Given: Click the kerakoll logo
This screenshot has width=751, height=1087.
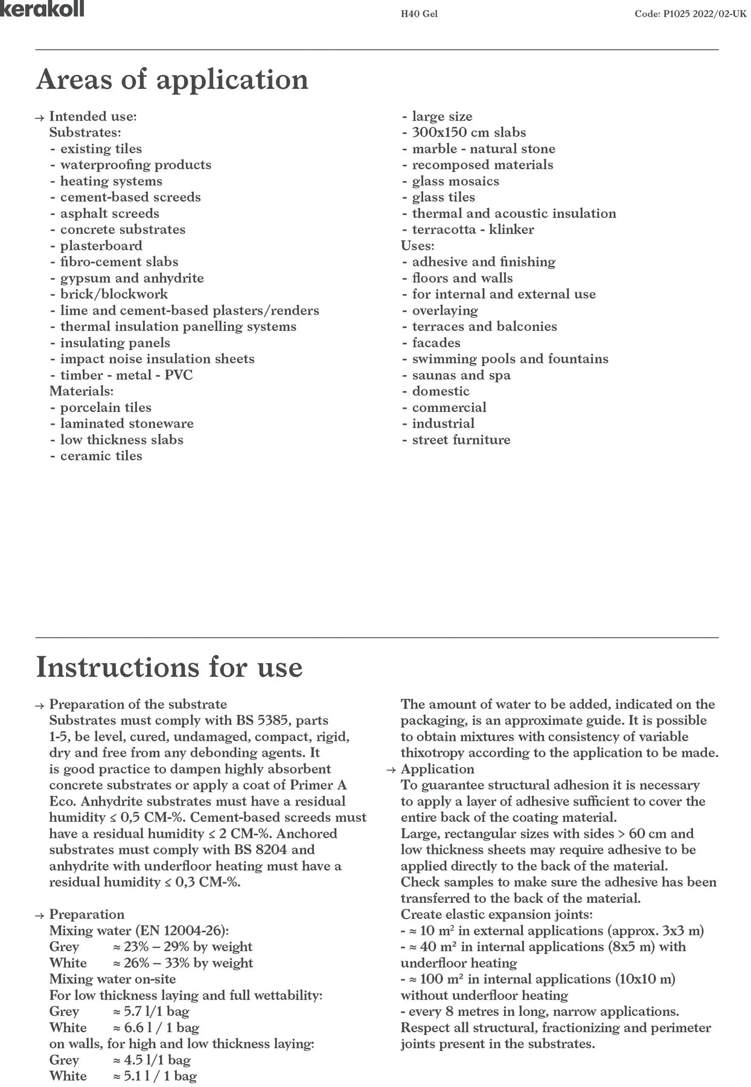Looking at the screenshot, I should click(x=42, y=8).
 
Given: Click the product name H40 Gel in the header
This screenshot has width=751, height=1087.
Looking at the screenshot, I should click(x=419, y=14).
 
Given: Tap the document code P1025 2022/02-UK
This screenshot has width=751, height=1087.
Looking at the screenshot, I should click(x=690, y=14).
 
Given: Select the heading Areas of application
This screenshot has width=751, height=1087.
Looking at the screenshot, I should click(x=172, y=79).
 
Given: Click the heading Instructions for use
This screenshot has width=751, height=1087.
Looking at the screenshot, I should click(x=169, y=667).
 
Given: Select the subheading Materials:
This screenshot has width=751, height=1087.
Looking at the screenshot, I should click(x=81, y=391).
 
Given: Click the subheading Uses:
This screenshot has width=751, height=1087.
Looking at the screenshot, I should click(x=418, y=246).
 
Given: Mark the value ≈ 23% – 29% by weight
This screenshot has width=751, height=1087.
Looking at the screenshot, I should click(x=182, y=947).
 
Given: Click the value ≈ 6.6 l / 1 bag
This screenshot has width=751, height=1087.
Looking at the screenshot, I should click(x=156, y=1028).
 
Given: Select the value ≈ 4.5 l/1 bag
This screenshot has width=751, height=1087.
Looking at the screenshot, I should click(x=152, y=1060).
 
